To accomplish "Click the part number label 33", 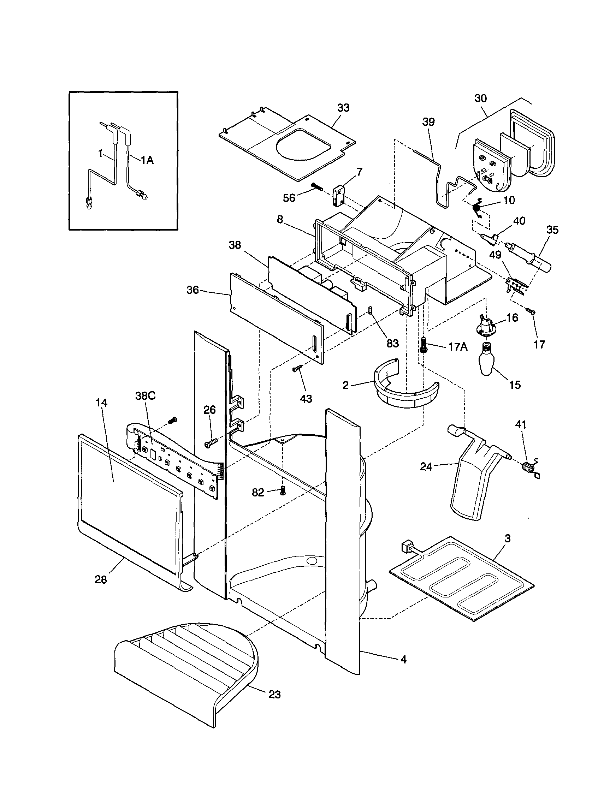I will [343, 108].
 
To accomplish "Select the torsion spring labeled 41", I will [528, 468].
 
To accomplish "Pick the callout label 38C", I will [146, 396].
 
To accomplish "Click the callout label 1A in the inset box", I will [147, 161].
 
